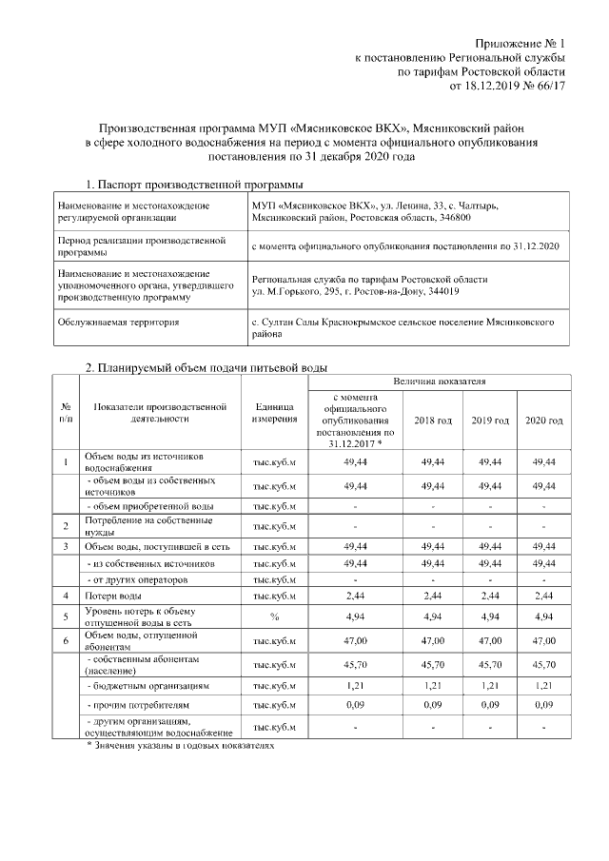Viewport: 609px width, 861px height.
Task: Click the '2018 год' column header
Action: (435, 421)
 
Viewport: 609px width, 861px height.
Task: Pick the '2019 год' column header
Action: (490, 421)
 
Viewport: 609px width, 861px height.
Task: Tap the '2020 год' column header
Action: (543, 421)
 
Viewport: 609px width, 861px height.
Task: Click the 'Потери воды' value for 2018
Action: (435, 596)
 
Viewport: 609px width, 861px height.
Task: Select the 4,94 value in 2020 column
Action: (543, 616)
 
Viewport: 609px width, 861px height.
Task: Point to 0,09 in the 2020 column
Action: (543, 706)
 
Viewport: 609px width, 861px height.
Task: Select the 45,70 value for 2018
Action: (435, 662)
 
